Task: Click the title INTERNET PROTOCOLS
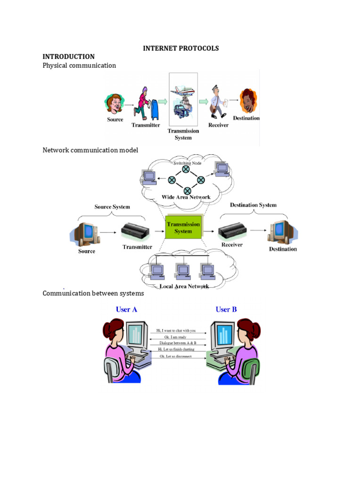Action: click(x=181, y=48)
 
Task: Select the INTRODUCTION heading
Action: click(x=68, y=56)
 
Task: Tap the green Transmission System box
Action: click(x=183, y=228)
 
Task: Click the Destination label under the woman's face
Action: click(x=246, y=118)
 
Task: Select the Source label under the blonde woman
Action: click(x=115, y=120)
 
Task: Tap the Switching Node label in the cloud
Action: click(x=187, y=163)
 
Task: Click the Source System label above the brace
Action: click(x=112, y=207)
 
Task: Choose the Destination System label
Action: click(x=253, y=205)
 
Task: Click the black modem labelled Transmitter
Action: click(x=136, y=231)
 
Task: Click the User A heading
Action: click(x=126, y=309)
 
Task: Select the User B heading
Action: click(x=226, y=309)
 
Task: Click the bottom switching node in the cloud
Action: click(x=188, y=190)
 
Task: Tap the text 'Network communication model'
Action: click(x=90, y=150)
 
